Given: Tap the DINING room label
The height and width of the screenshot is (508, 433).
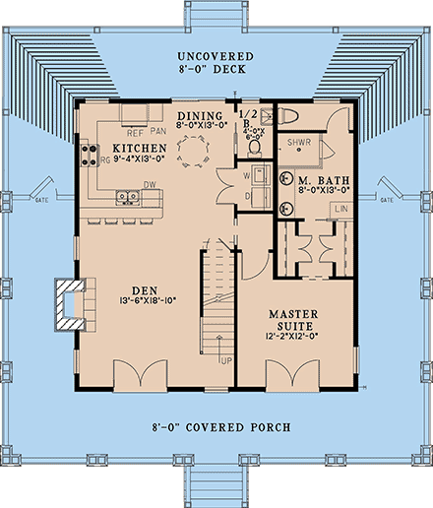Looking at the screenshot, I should point(201,116).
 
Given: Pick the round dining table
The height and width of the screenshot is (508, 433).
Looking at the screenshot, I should point(194,150).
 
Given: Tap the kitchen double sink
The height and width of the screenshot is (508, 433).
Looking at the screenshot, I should point(126,196).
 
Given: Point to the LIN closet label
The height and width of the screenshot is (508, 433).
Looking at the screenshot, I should point(340,211).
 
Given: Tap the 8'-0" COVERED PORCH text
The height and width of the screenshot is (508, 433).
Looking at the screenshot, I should point(216,429).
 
